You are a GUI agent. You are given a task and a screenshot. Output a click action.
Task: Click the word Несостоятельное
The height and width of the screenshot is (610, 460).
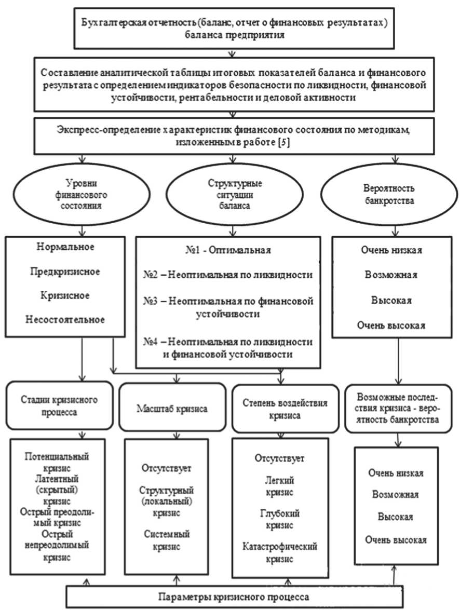66,319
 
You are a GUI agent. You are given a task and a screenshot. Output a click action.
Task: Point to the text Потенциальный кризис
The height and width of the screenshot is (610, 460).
57,462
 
